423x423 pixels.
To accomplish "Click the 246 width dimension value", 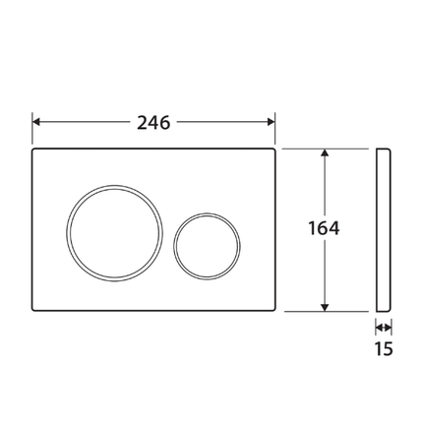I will (153, 122).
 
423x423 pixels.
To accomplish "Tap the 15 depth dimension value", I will (384, 348).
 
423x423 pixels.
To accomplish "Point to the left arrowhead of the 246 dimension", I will (37, 122).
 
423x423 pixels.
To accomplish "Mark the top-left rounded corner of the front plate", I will (36, 152).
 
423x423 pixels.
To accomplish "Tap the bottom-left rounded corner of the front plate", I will (36, 307).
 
